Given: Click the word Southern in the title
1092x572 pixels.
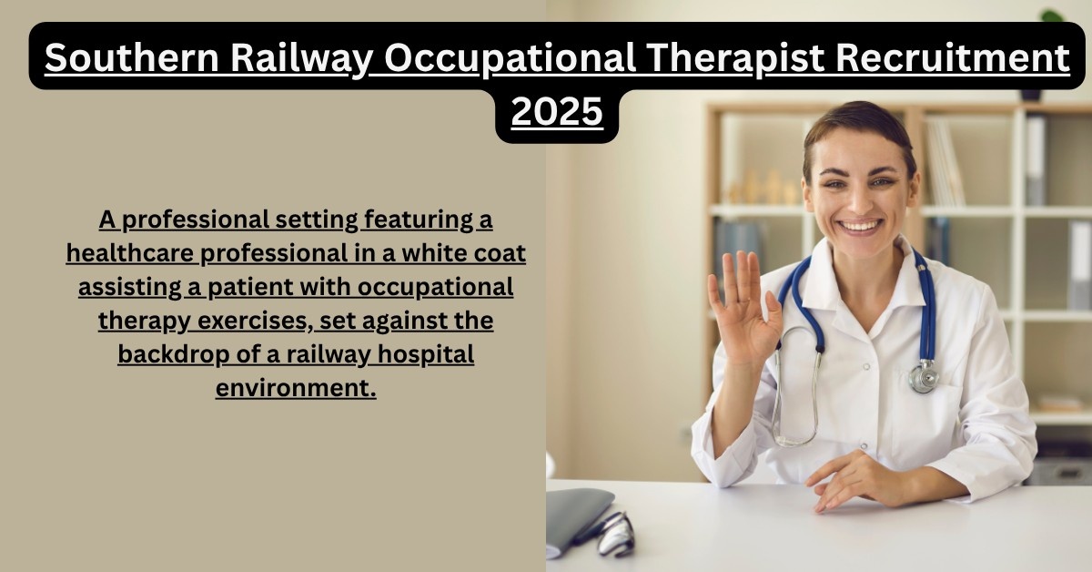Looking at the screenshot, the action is pos(132,57).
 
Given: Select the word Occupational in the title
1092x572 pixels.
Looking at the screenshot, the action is pos(510,59).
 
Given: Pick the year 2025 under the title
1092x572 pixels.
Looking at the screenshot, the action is pos(557,111).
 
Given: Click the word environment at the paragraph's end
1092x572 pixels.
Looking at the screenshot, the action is pos(296,388).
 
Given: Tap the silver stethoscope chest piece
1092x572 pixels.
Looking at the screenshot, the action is pos(924,377).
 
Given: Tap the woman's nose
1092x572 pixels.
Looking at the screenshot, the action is pos(859,200).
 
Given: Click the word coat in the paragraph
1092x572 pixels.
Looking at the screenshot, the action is pos(505,253).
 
